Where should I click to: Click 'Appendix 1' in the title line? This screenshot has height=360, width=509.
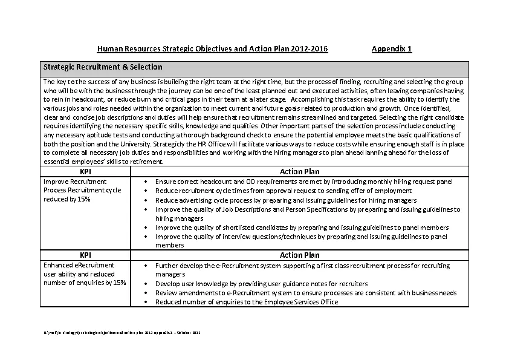392,49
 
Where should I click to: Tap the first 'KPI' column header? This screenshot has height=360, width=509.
85,172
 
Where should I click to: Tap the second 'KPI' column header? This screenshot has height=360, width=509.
85,255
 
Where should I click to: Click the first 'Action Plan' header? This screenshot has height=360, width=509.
299,172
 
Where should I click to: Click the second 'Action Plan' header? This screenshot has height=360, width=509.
299,255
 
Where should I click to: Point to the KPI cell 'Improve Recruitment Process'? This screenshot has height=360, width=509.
82,190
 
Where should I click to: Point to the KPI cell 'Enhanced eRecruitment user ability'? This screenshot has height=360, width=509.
85,274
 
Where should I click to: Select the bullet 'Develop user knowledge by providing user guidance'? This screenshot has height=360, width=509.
261,284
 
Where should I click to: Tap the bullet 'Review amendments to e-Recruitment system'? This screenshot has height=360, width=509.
306,293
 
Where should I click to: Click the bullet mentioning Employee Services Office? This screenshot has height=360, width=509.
247,302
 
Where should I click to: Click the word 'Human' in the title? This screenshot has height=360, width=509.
109,49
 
